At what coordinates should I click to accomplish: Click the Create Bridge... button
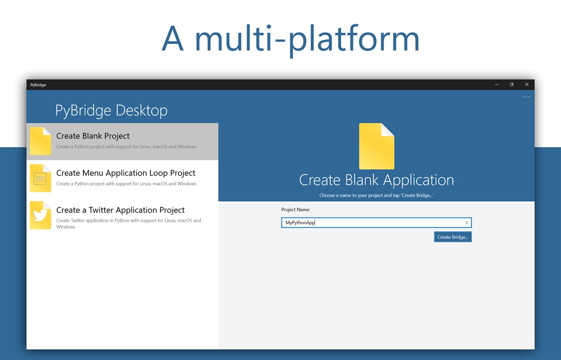click(453, 237)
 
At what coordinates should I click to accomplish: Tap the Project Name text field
click(372, 223)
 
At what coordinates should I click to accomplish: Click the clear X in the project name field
click(466, 223)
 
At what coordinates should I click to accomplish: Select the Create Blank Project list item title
click(93, 136)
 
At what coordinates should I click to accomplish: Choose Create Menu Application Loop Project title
click(126, 173)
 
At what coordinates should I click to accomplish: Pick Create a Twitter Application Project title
click(120, 210)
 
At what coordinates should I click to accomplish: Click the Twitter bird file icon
click(40, 215)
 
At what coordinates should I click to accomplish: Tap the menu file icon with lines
click(40, 178)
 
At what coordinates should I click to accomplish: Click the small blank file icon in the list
click(40, 141)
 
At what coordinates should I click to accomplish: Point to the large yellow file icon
click(376, 146)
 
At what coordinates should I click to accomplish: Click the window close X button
click(527, 84)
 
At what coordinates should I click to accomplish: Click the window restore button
click(512, 84)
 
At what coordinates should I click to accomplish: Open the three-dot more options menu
click(526, 97)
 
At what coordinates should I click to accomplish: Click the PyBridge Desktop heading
click(111, 110)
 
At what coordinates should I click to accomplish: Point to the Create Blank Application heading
click(376, 180)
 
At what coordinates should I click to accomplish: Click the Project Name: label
click(296, 210)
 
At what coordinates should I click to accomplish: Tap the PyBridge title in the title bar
click(38, 85)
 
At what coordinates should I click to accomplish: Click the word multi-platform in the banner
click(307, 38)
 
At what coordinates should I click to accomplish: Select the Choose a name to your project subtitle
click(376, 195)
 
